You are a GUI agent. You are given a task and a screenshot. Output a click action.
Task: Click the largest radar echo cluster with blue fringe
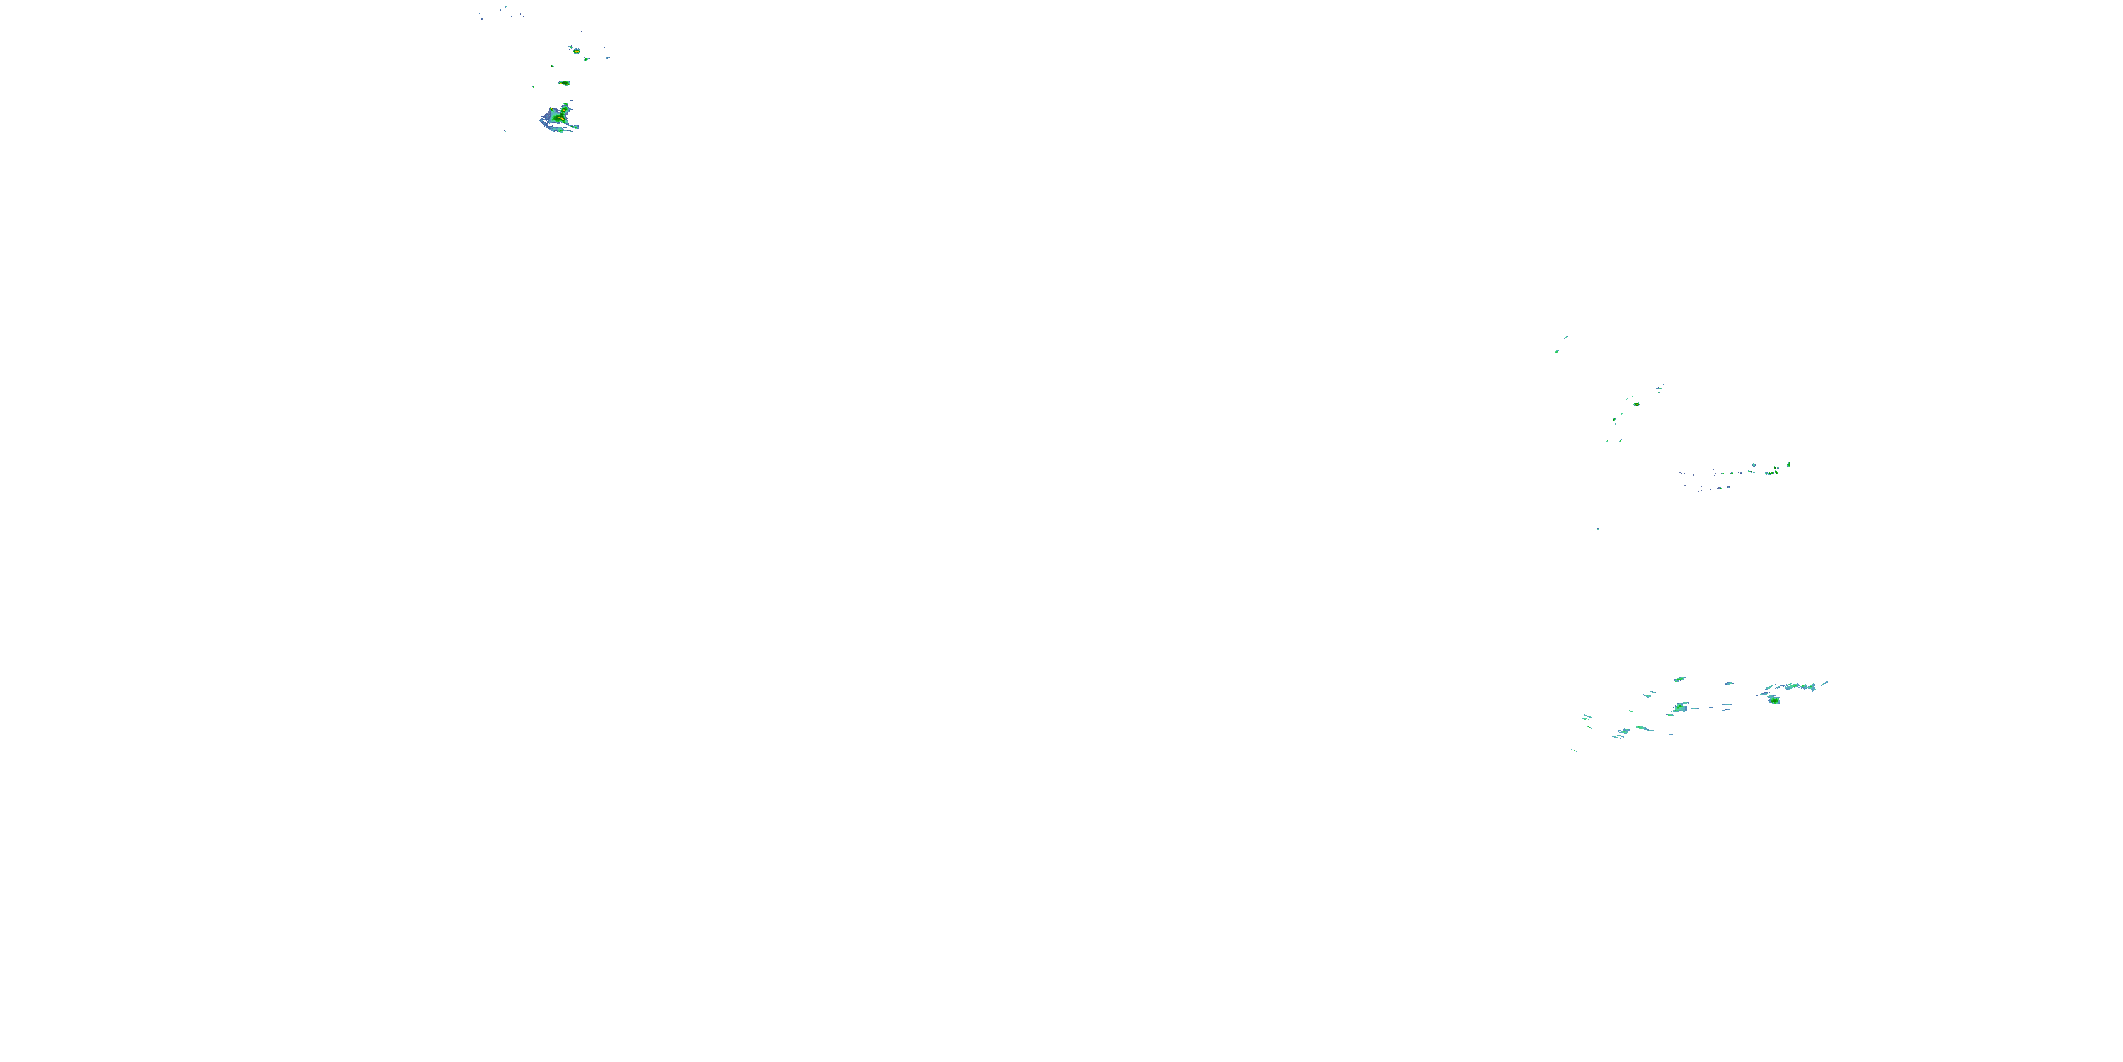pos(559,119)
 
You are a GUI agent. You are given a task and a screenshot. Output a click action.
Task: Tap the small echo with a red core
pos(575,50)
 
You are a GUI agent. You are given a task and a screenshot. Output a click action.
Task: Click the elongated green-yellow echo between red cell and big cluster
pos(565,84)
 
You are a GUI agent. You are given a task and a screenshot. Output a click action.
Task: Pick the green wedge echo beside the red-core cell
pos(586,59)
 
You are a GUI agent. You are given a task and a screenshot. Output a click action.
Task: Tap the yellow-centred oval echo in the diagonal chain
pos(1636,404)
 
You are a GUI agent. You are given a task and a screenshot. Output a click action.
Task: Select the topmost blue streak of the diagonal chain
pos(1566,336)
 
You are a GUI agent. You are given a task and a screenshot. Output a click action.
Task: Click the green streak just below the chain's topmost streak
pos(1556,352)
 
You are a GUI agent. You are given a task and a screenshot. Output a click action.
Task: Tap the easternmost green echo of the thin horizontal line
pos(1788,465)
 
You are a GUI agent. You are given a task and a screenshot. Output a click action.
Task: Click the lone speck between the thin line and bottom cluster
pos(1598,530)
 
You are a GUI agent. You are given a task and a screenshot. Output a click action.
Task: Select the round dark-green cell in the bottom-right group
pos(1773,700)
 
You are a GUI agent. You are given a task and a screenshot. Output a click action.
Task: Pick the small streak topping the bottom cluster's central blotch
pos(1679,680)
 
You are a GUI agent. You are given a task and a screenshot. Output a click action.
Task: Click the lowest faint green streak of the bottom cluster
pos(1573,750)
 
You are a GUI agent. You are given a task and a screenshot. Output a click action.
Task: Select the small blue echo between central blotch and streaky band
pos(1728,683)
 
